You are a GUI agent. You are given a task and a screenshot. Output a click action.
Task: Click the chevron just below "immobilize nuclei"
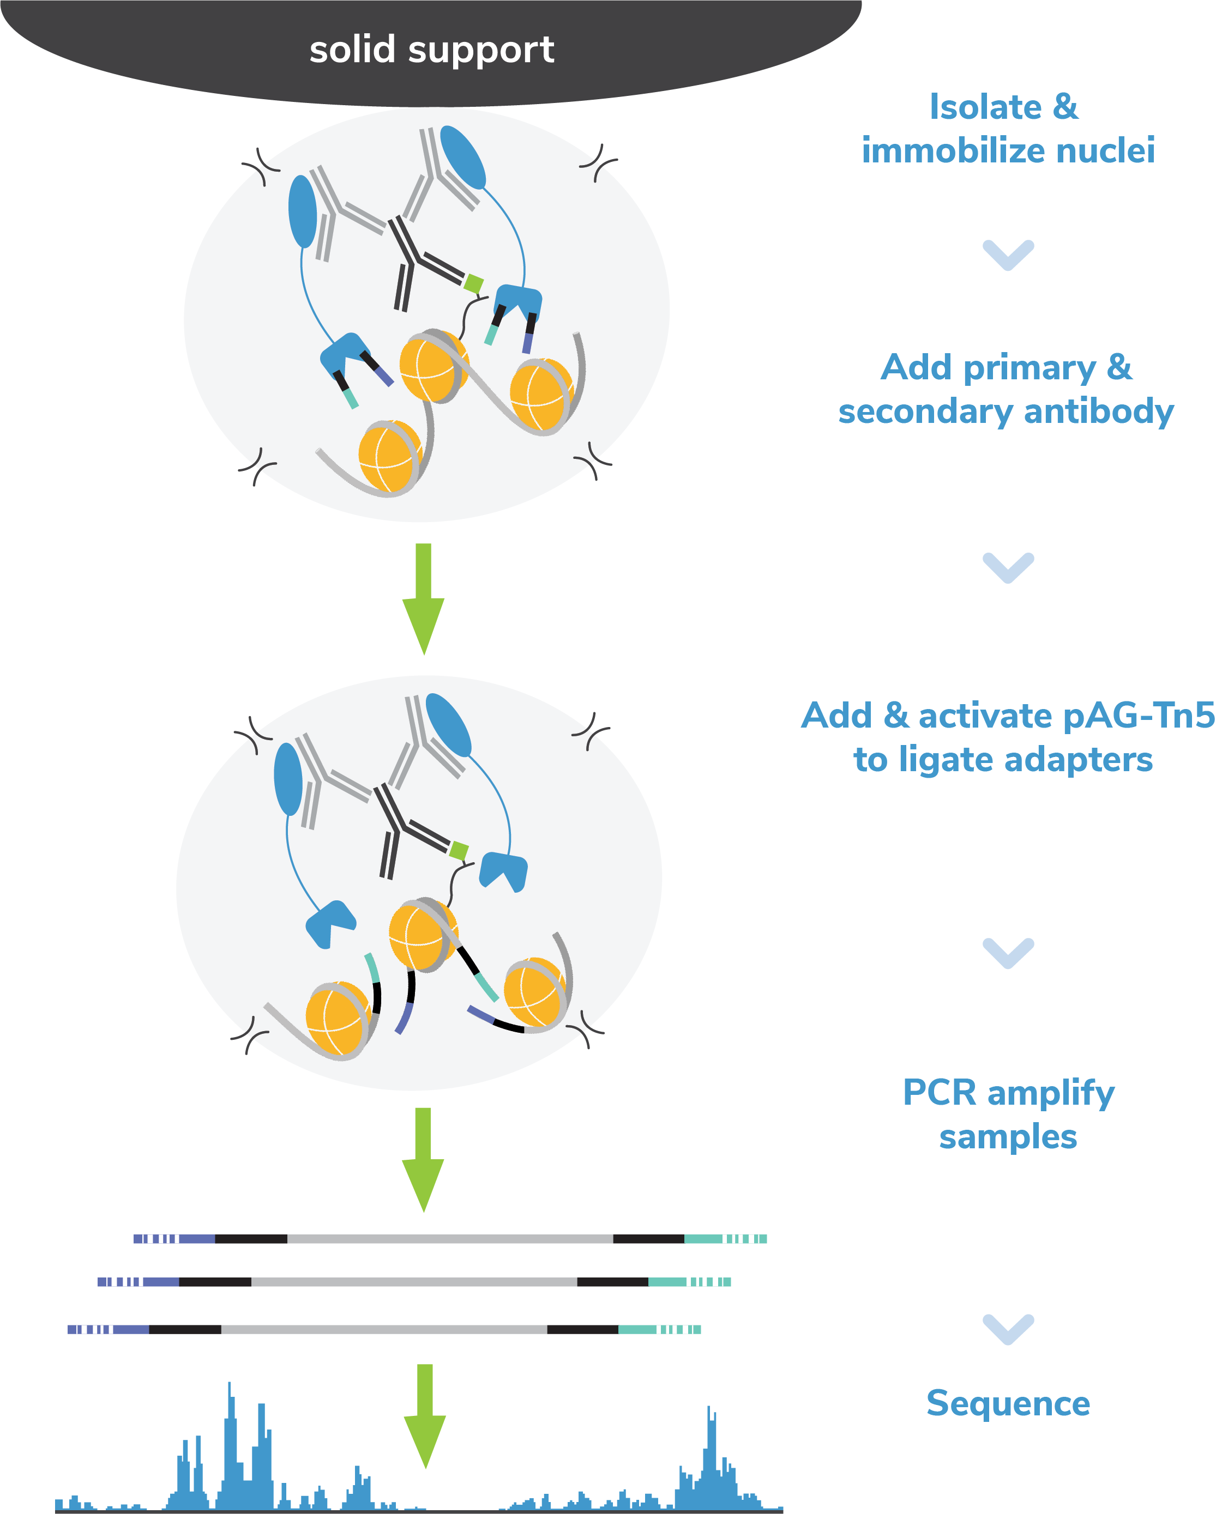point(1008,254)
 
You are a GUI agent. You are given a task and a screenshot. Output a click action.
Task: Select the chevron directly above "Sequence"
point(1008,1329)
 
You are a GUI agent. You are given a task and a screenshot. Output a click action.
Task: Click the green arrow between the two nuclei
point(423,597)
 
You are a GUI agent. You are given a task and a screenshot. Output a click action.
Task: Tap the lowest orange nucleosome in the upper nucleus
point(387,457)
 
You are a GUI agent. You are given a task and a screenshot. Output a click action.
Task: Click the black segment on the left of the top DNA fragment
point(251,1239)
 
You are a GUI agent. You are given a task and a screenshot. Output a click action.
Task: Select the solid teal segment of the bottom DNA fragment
point(637,1329)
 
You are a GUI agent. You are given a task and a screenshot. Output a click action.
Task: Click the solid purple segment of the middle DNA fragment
point(161,1282)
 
